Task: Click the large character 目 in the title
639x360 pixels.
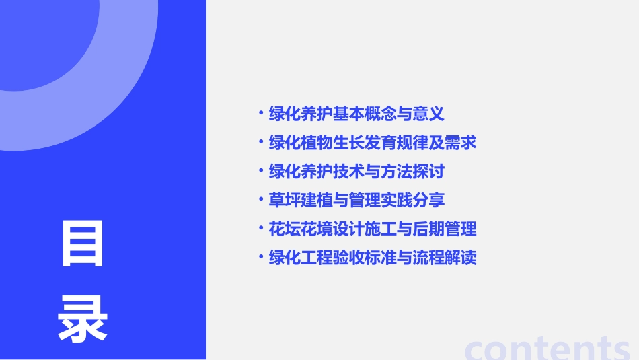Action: (83, 244)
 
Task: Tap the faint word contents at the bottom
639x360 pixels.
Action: (548, 348)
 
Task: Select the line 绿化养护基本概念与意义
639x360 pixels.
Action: (356, 114)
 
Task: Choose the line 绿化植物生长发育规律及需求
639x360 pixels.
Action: (372, 143)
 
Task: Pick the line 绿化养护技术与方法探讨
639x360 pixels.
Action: (356, 172)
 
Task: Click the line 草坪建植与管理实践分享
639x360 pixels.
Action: (356, 201)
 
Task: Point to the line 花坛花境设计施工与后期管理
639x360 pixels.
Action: (372, 229)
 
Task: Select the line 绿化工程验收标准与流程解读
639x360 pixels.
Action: (372, 258)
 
